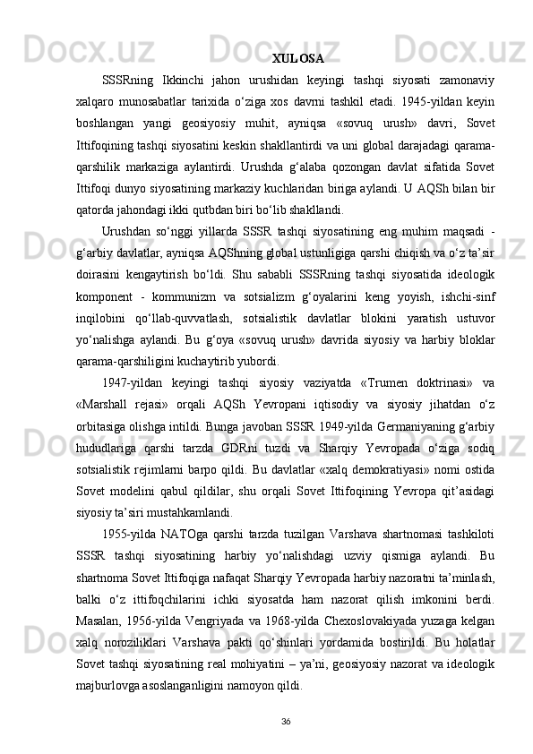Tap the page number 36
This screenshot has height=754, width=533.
tap(286, 695)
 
